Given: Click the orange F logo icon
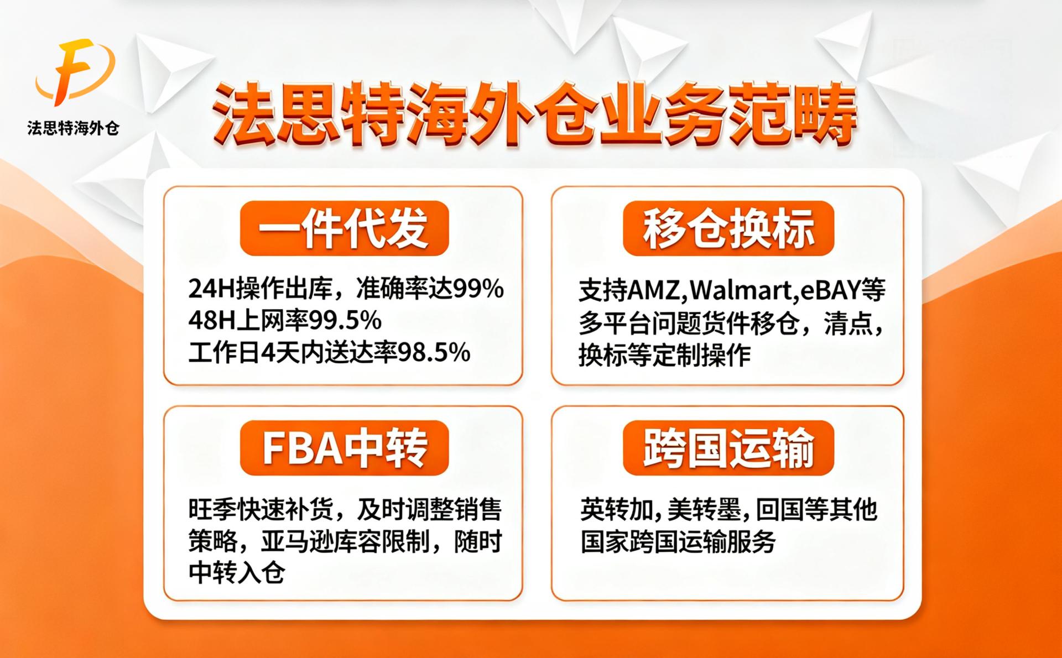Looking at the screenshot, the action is tap(75, 72).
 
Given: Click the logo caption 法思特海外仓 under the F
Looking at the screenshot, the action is tap(74, 129).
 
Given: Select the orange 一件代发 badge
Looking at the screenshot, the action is tap(344, 228).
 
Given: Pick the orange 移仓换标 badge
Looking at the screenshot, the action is tap(728, 228).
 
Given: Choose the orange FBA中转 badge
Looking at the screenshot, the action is tap(344, 448).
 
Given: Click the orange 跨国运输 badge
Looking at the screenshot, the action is tap(728, 448).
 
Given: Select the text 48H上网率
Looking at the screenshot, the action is tap(248, 320).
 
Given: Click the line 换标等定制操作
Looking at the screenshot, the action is tap(665, 355).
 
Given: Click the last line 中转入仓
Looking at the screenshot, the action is tap(237, 572).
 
